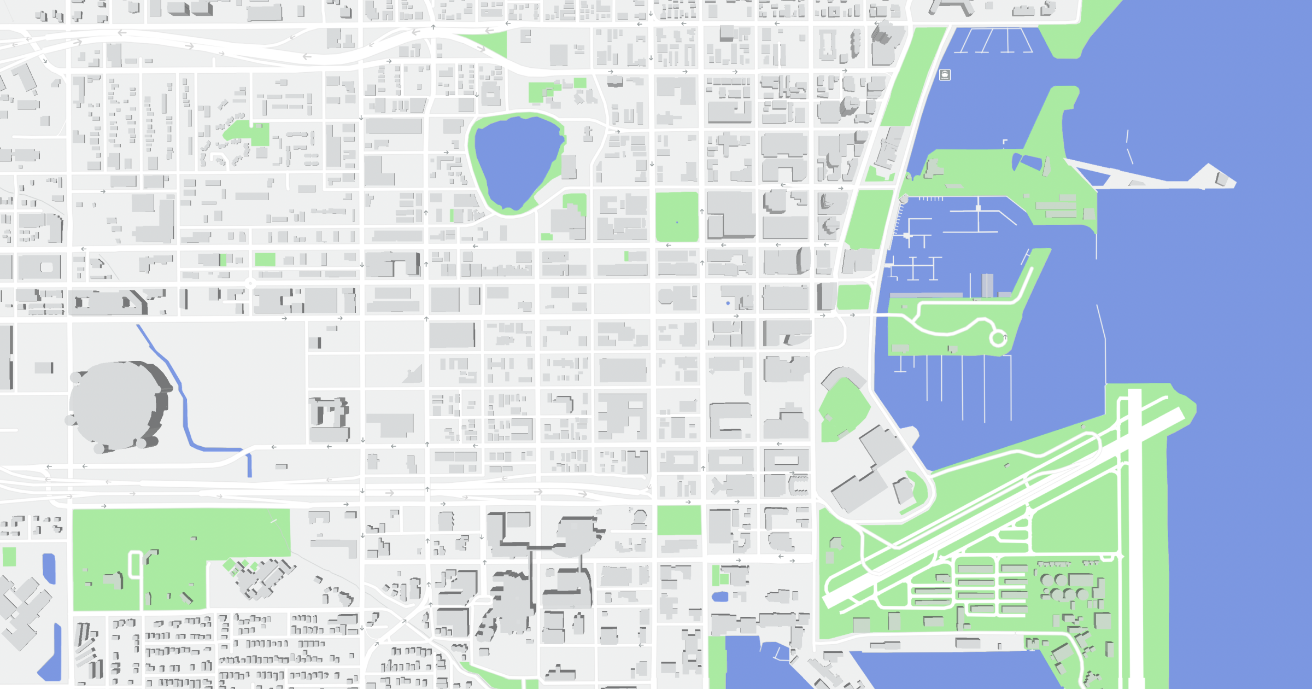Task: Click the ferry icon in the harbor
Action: click(x=945, y=75)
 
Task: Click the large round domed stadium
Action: click(x=118, y=405)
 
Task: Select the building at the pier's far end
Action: click(x=1221, y=178)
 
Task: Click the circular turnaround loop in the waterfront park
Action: click(x=998, y=338)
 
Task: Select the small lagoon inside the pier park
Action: click(x=1026, y=162)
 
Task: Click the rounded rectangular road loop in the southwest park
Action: click(x=135, y=565)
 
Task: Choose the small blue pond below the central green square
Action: click(x=720, y=597)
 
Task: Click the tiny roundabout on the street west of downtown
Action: click(x=250, y=283)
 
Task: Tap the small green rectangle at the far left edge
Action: click(x=9, y=557)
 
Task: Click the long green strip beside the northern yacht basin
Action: click(x=910, y=77)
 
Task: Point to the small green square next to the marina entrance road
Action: click(x=853, y=297)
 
